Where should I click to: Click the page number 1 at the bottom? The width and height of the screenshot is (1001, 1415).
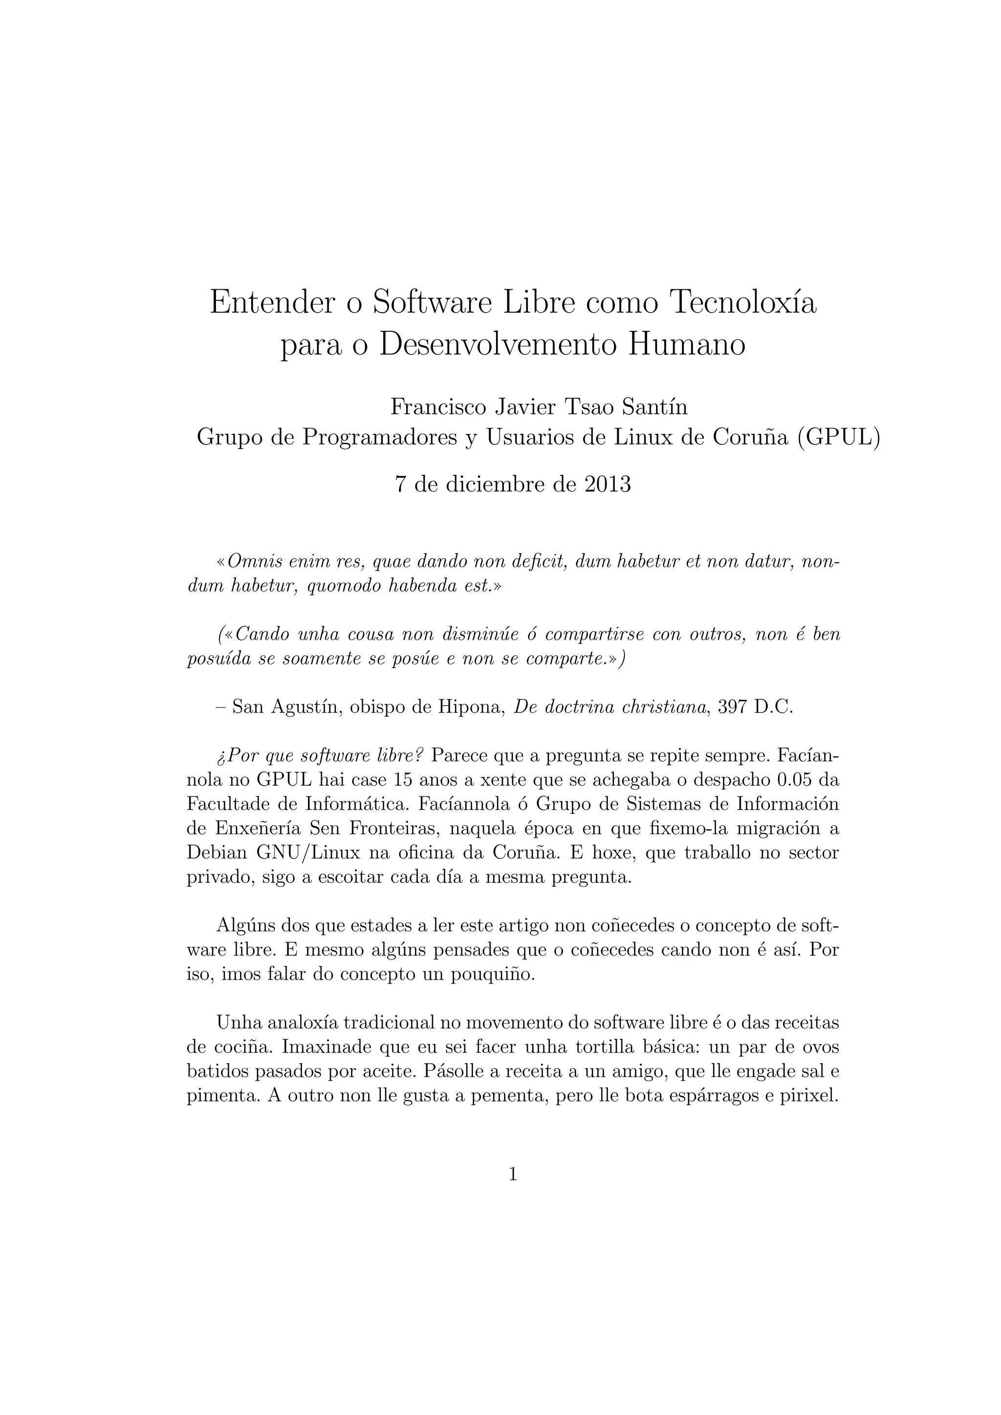513,1175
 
